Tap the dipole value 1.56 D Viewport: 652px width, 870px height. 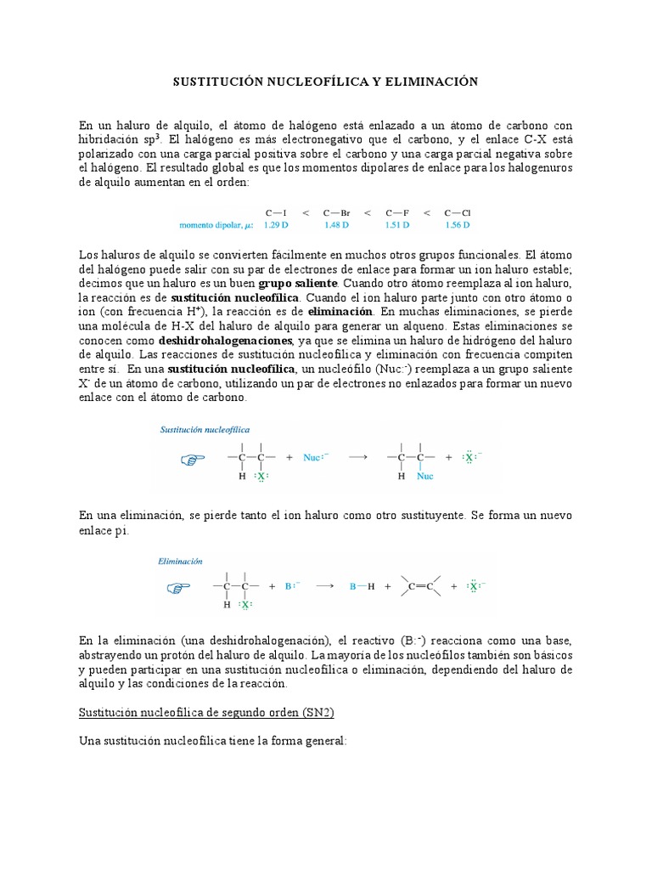click(457, 225)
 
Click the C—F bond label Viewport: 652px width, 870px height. click(396, 212)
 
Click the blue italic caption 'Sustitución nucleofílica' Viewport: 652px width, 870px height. click(205, 430)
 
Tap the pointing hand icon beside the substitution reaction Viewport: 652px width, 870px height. click(194, 460)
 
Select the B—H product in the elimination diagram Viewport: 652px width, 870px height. click(363, 586)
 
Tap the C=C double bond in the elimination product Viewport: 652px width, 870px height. click(422, 586)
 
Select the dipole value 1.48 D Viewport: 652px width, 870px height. click(337, 225)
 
